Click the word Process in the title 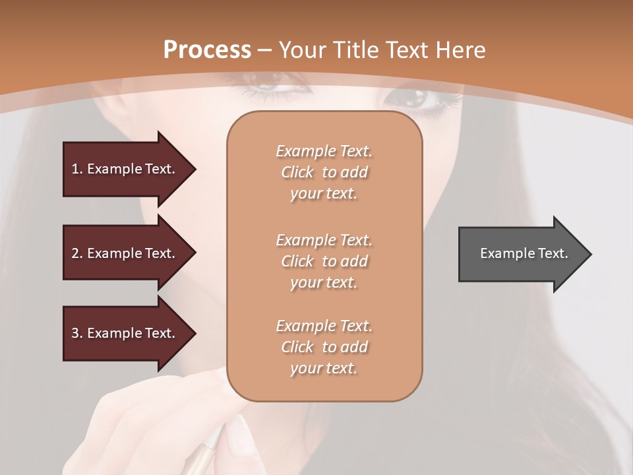(207, 49)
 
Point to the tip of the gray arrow (590, 254)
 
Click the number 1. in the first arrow (77, 169)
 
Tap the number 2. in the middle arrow (77, 253)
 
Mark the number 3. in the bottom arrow (77, 333)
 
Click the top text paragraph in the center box (324, 172)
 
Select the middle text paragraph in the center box (324, 261)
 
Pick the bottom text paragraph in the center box (324, 347)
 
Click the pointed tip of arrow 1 (195, 169)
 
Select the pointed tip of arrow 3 (195, 333)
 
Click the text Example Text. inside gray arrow (524, 253)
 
